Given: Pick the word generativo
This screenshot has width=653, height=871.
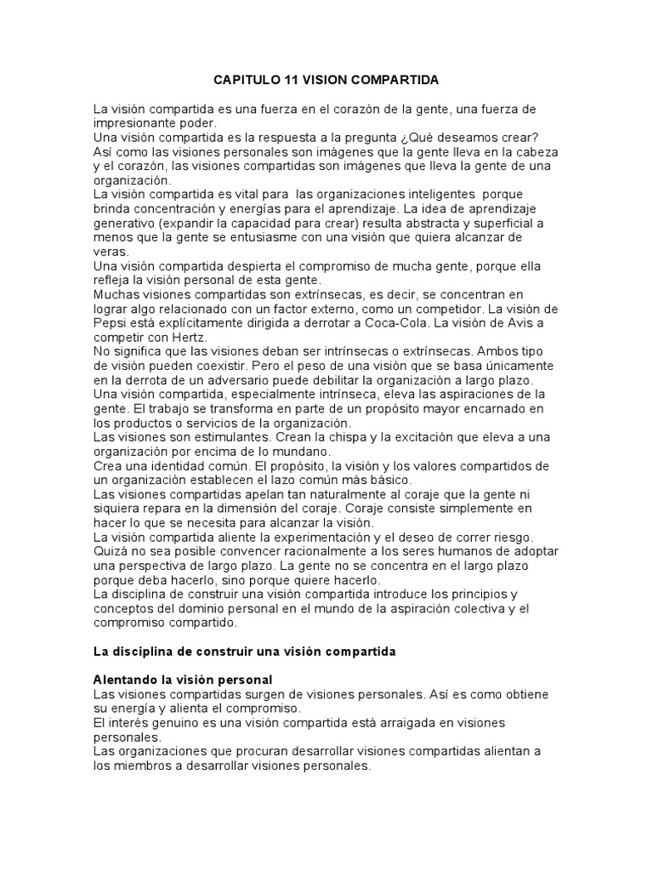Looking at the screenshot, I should coord(127,224).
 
